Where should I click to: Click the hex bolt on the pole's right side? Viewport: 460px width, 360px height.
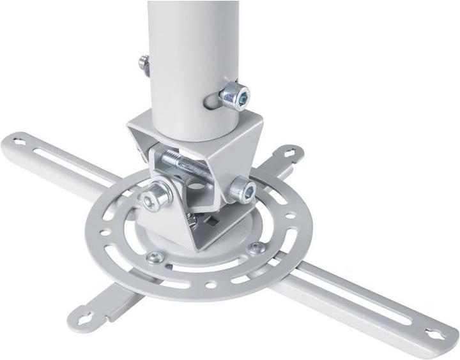pos(234,96)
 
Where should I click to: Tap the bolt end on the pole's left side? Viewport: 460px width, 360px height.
pos(145,64)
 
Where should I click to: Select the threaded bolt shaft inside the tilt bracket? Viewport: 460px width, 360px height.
pos(185,164)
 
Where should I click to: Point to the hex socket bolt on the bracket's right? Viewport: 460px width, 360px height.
pos(243,190)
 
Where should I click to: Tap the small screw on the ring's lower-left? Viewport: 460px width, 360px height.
pos(155,258)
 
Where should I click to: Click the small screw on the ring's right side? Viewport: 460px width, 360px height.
pos(256,248)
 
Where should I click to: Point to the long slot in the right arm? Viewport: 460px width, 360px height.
pos(358,293)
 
